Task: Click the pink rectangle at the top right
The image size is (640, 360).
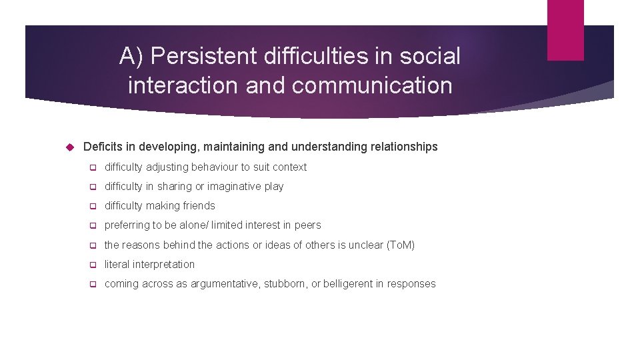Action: pyautogui.click(x=565, y=29)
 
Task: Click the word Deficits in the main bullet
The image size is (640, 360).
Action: pyautogui.click(x=103, y=147)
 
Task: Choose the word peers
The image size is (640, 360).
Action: pyautogui.click(x=307, y=225)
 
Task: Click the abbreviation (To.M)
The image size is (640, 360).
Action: pyautogui.click(x=400, y=245)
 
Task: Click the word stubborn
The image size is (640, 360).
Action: pyautogui.click(x=285, y=284)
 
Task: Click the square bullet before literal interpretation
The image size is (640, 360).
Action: pyautogui.click(x=93, y=265)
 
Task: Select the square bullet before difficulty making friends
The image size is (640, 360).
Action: pyautogui.click(x=93, y=206)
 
